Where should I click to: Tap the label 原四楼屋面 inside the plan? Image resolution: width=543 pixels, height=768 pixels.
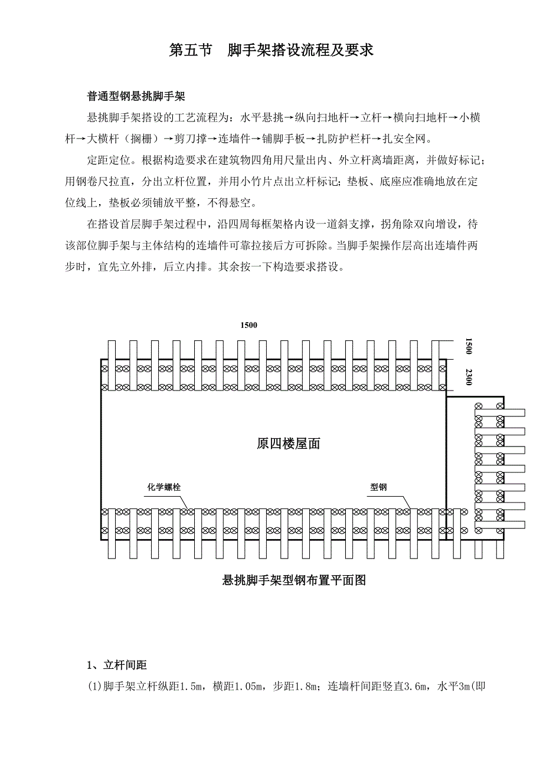(x=289, y=444)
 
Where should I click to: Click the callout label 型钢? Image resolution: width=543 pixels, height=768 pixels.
(x=378, y=487)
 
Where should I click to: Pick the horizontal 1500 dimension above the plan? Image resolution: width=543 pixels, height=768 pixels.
(x=248, y=325)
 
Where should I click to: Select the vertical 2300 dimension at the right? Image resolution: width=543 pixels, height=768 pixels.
(x=469, y=377)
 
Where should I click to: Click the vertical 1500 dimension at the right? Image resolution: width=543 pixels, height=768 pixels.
(x=469, y=346)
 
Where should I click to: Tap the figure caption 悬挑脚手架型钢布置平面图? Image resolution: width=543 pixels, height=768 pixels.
(x=294, y=580)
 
